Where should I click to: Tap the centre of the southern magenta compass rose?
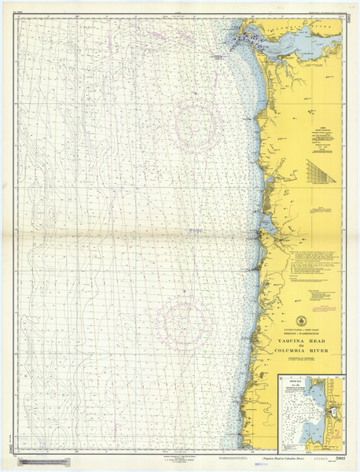pyautogui.click(x=182, y=323)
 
